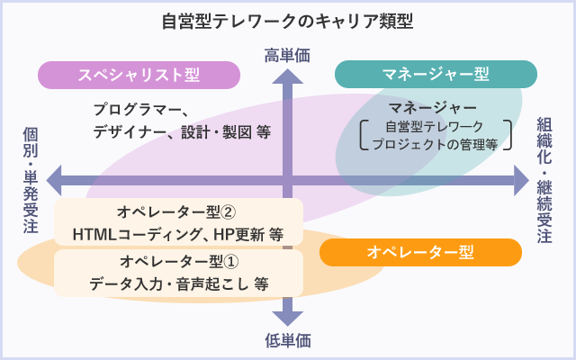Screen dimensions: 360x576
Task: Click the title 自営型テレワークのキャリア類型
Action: point(287,19)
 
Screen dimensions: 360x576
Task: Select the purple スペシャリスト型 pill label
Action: point(139,74)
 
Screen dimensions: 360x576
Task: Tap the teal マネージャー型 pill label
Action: point(436,74)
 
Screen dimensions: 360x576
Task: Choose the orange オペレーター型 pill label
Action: point(420,253)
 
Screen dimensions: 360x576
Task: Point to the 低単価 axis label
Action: point(287,341)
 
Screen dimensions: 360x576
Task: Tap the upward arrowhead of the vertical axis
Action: point(287,77)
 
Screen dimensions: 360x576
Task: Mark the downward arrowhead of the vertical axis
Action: point(287,317)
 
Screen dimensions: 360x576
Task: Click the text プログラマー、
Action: point(139,110)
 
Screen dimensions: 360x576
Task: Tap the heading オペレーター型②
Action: point(177,212)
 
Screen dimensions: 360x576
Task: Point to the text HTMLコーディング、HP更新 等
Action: point(177,234)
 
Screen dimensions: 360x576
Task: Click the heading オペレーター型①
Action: point(177,262)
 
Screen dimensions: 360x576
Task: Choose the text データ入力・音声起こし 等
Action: point(177,283)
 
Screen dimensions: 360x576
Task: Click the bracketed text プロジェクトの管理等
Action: point(435,143)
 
